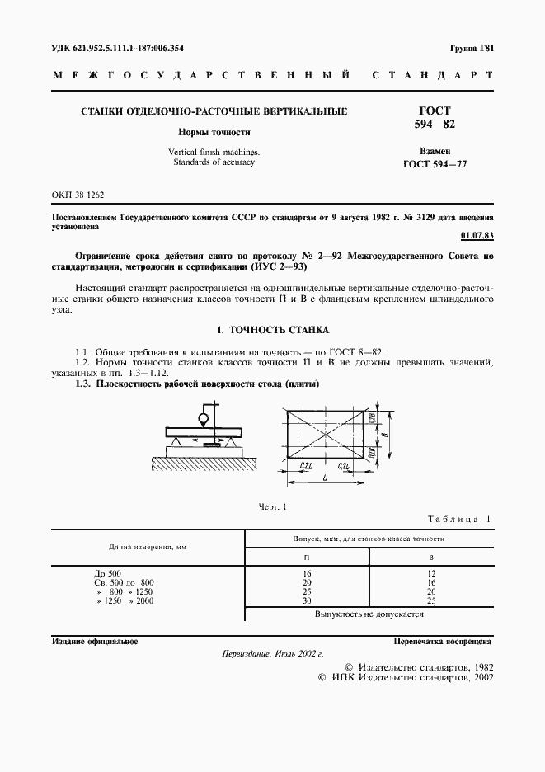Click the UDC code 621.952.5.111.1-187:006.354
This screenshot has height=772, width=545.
pos(117,48)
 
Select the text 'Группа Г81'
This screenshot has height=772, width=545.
pos(472,48)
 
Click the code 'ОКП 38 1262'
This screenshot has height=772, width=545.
pos(78,195)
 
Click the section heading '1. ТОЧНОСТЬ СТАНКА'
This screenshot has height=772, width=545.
pos(272,330)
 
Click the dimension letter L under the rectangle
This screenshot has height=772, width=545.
pos(327,480)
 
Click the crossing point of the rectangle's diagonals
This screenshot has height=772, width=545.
pos(327,432)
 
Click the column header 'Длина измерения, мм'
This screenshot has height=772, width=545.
pos(148,547)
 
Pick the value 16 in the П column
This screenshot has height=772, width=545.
pos(308,573)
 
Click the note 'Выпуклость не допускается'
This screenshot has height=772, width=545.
pos(369,614)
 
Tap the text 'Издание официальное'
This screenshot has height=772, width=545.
pos(95,641)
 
